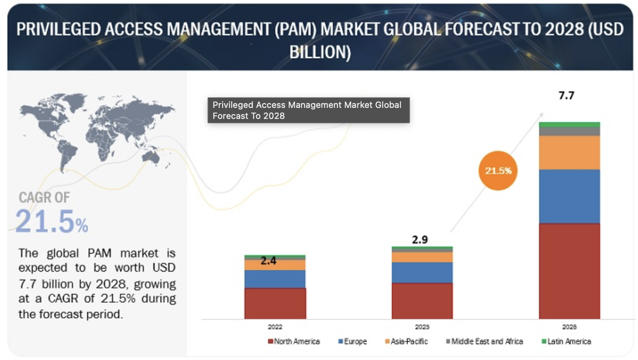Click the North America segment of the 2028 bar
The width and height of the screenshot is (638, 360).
pos(569,271)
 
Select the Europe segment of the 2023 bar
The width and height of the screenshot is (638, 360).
pos(422,273)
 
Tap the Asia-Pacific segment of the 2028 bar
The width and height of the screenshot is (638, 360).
pos(569,152)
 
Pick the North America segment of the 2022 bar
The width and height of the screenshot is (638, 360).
pos(275,303)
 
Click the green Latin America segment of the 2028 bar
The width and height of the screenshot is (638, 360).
pos(569,125)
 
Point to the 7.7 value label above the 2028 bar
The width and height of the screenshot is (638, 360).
pos(566,96)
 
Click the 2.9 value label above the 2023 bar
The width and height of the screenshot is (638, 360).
pos(420,239)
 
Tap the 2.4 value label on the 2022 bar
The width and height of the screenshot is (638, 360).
pos(268,261)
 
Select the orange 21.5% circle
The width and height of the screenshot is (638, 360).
pos(498,171)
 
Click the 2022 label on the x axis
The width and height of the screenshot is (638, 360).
pos(275,327)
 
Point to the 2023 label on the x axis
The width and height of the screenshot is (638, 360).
pos(422,327)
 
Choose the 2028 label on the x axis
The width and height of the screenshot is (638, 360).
pos(569,327)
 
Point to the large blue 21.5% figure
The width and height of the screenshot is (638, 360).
pos(52,221)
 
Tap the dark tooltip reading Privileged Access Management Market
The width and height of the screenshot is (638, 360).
pos(308,110)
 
